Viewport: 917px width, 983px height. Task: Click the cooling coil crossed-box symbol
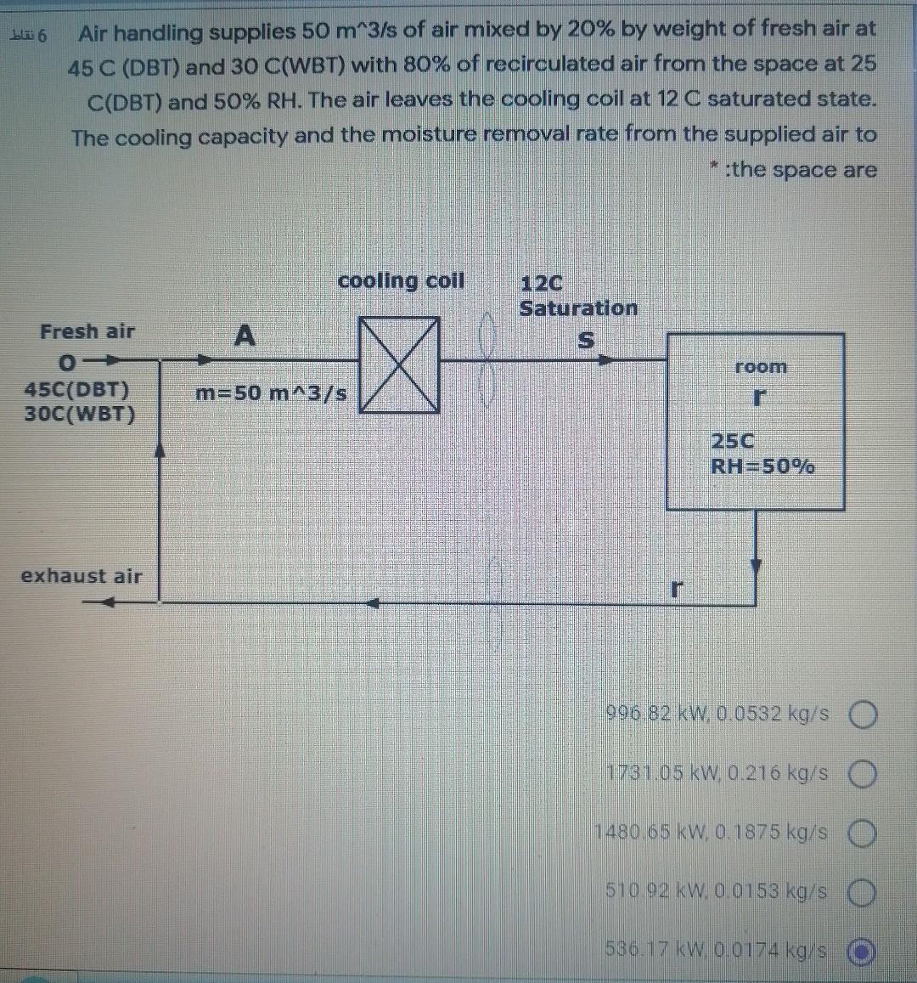pos(399,364)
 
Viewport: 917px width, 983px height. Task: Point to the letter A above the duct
pos(244,336)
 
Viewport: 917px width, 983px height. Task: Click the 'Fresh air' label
pos(87,331)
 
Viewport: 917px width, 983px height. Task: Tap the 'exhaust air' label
pos(82,575)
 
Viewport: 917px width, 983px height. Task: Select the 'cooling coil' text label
pos(401,280)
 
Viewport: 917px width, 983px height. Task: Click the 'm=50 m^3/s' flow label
pos(271,393)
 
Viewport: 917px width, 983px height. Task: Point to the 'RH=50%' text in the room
pos(762,466)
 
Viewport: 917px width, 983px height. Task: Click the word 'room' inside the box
pos(761,367)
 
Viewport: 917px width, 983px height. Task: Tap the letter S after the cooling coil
pos(584,341)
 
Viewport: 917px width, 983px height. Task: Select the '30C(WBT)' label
pos(80,415)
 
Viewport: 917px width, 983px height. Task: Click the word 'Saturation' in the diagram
pos(578,308)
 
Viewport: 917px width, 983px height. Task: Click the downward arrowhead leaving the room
pos(757,567)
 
